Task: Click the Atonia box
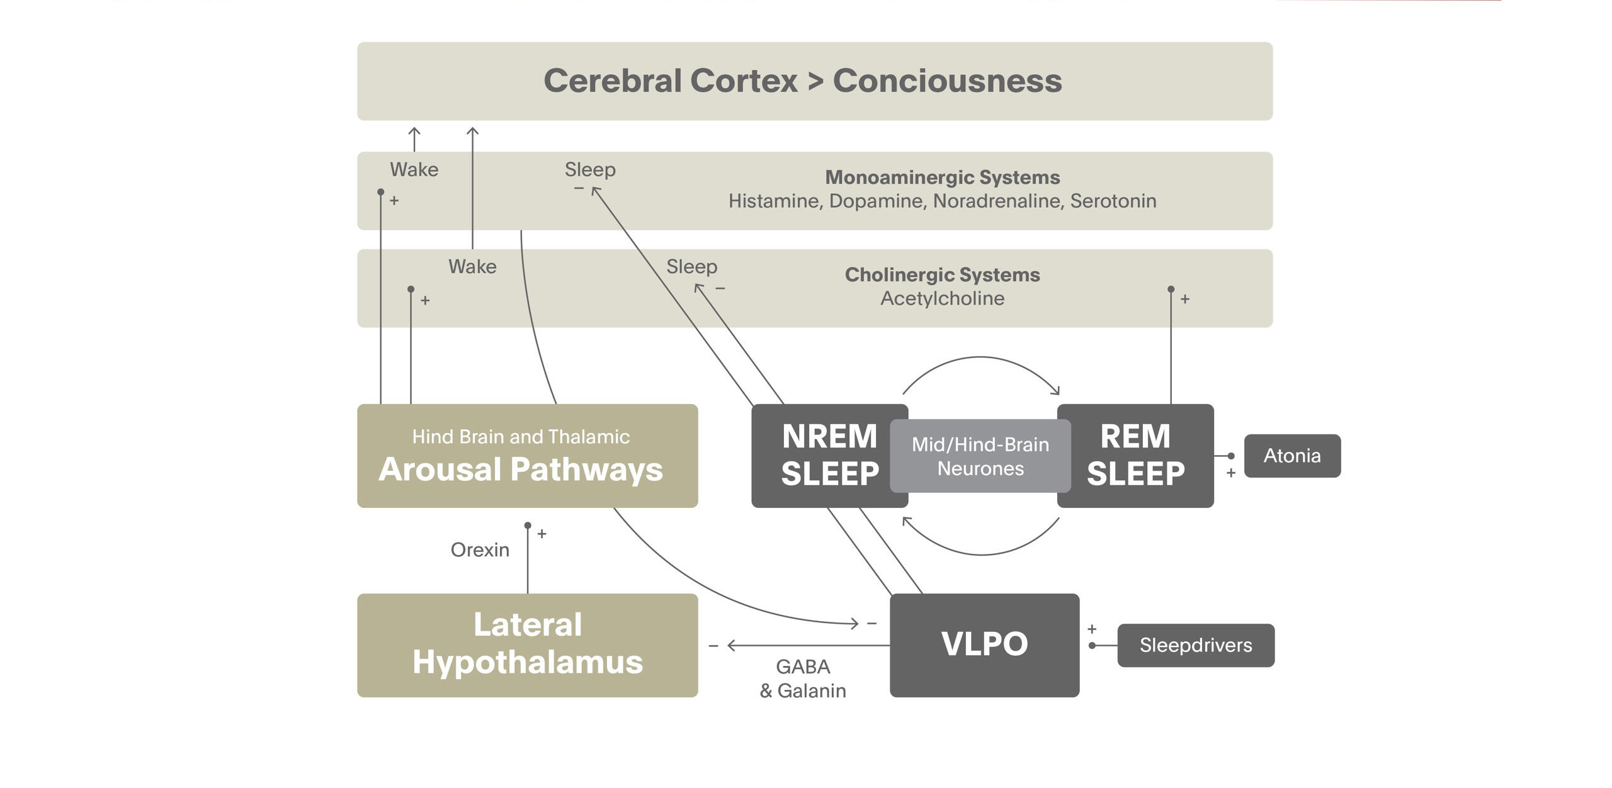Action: pos(1291,456)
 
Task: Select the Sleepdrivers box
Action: pos(1195,645)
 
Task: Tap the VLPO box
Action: pos(984,644)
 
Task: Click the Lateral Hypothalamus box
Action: pos(527,644)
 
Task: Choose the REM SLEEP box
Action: pos(1135,456)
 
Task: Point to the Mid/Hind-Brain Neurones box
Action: pos(980,456)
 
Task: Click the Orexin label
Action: pos(480,550)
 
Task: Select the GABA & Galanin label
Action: pos(803,678)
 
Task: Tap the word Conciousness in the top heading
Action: pos(947,81)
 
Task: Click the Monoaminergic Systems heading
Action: pos(942,177)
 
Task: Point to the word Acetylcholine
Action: pos(942,298)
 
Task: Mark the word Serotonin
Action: pos(1113,201)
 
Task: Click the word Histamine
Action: pos(775,201)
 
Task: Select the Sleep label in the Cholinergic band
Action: pos(691,267)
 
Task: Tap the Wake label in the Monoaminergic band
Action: pos(414,170)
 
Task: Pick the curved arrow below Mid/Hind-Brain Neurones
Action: pos(980,553)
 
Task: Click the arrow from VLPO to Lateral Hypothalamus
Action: pos(809,645)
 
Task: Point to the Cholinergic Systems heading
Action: pos(942,275)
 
